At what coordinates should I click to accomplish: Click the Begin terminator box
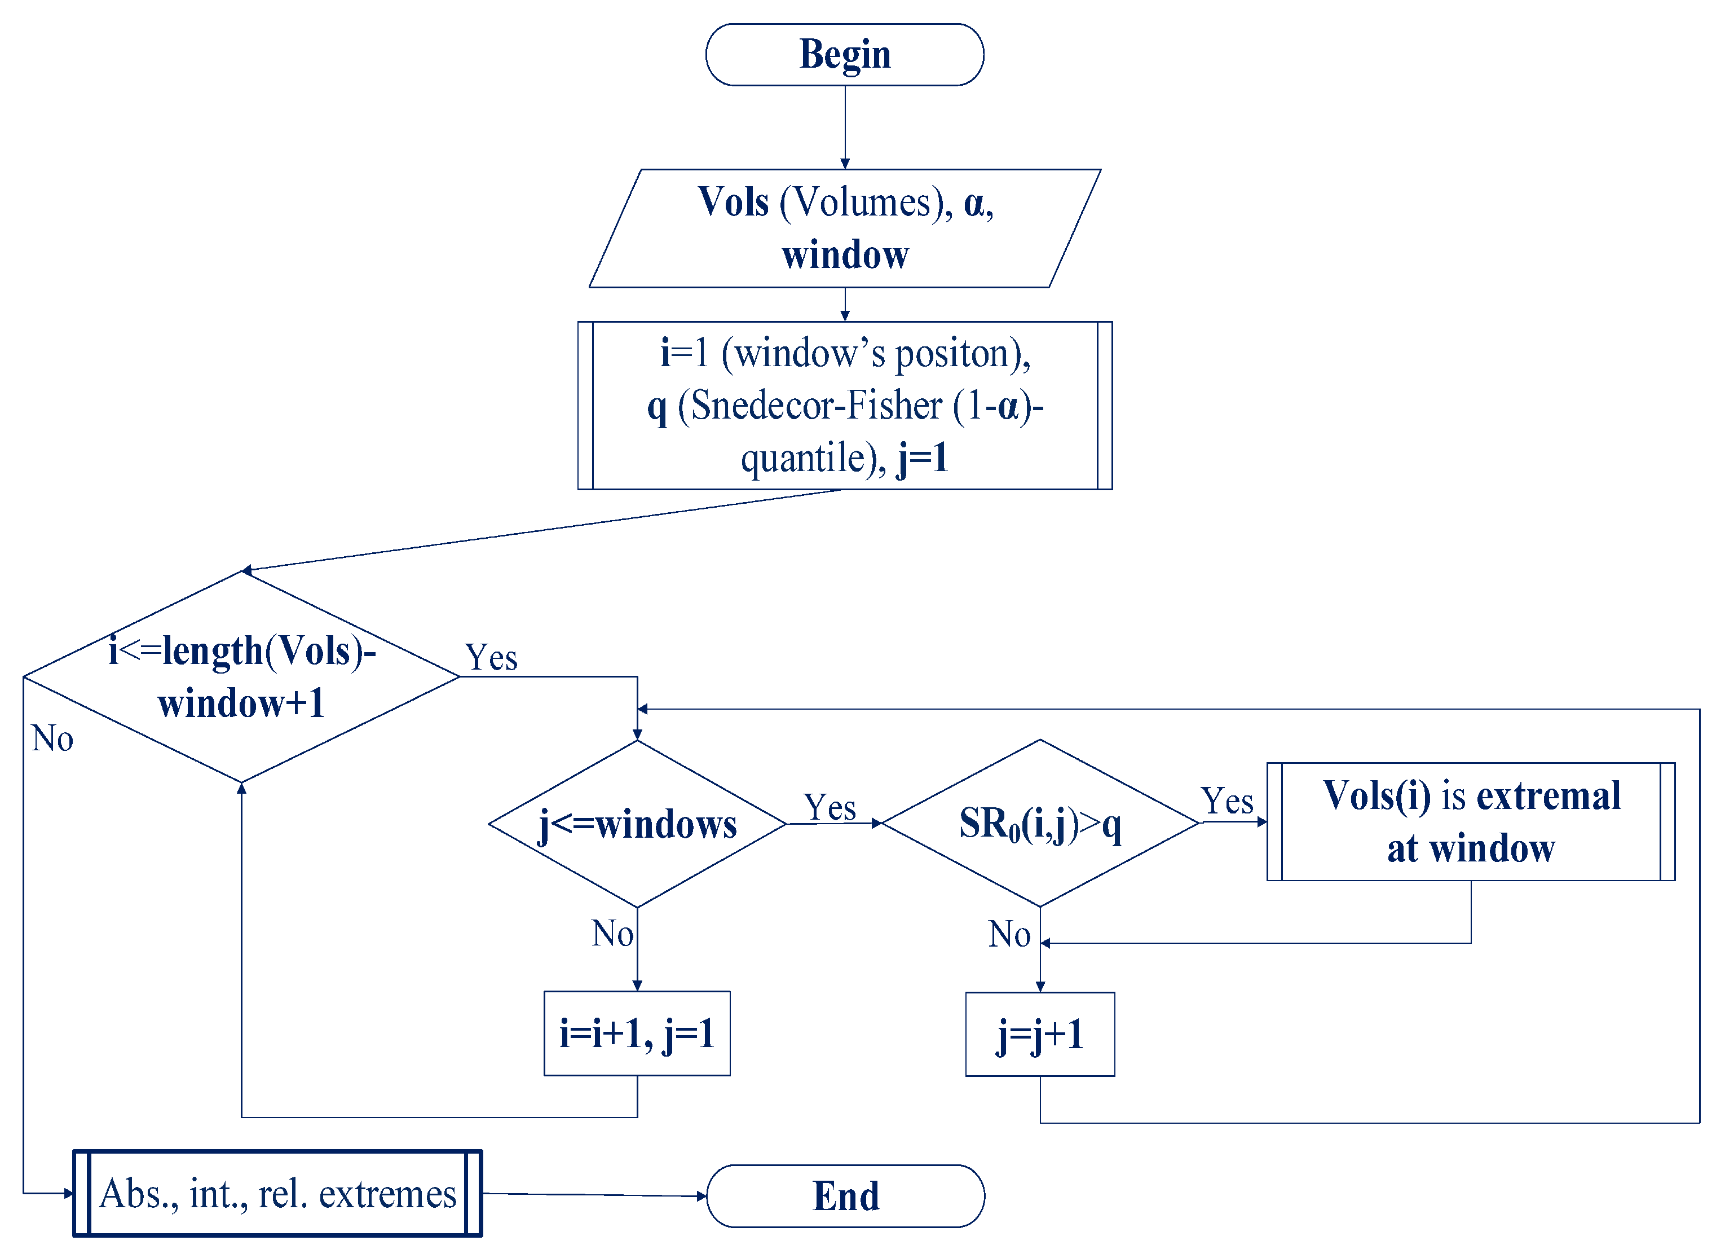point(844,55)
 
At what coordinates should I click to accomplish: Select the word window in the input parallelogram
point(844,254)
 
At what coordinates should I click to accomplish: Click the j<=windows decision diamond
point(637,824)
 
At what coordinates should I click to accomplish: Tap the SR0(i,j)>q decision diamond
point(1040,824)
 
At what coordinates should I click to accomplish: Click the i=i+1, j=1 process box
point(637,1033)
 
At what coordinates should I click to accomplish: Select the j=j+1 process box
point(1040,1034)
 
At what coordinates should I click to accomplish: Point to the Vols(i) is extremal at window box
point(1471,822)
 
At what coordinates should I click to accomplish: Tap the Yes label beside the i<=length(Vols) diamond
point(491,657)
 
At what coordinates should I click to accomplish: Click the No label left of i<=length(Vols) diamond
point(52,738)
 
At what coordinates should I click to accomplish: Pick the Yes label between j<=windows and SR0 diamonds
point(830,807)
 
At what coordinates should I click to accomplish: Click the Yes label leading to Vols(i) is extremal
point(1227,801)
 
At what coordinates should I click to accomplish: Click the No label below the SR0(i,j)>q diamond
point(1009,934)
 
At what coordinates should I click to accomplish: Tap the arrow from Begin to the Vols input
point(844,126)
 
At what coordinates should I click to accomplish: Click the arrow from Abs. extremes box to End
point(594,1195)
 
